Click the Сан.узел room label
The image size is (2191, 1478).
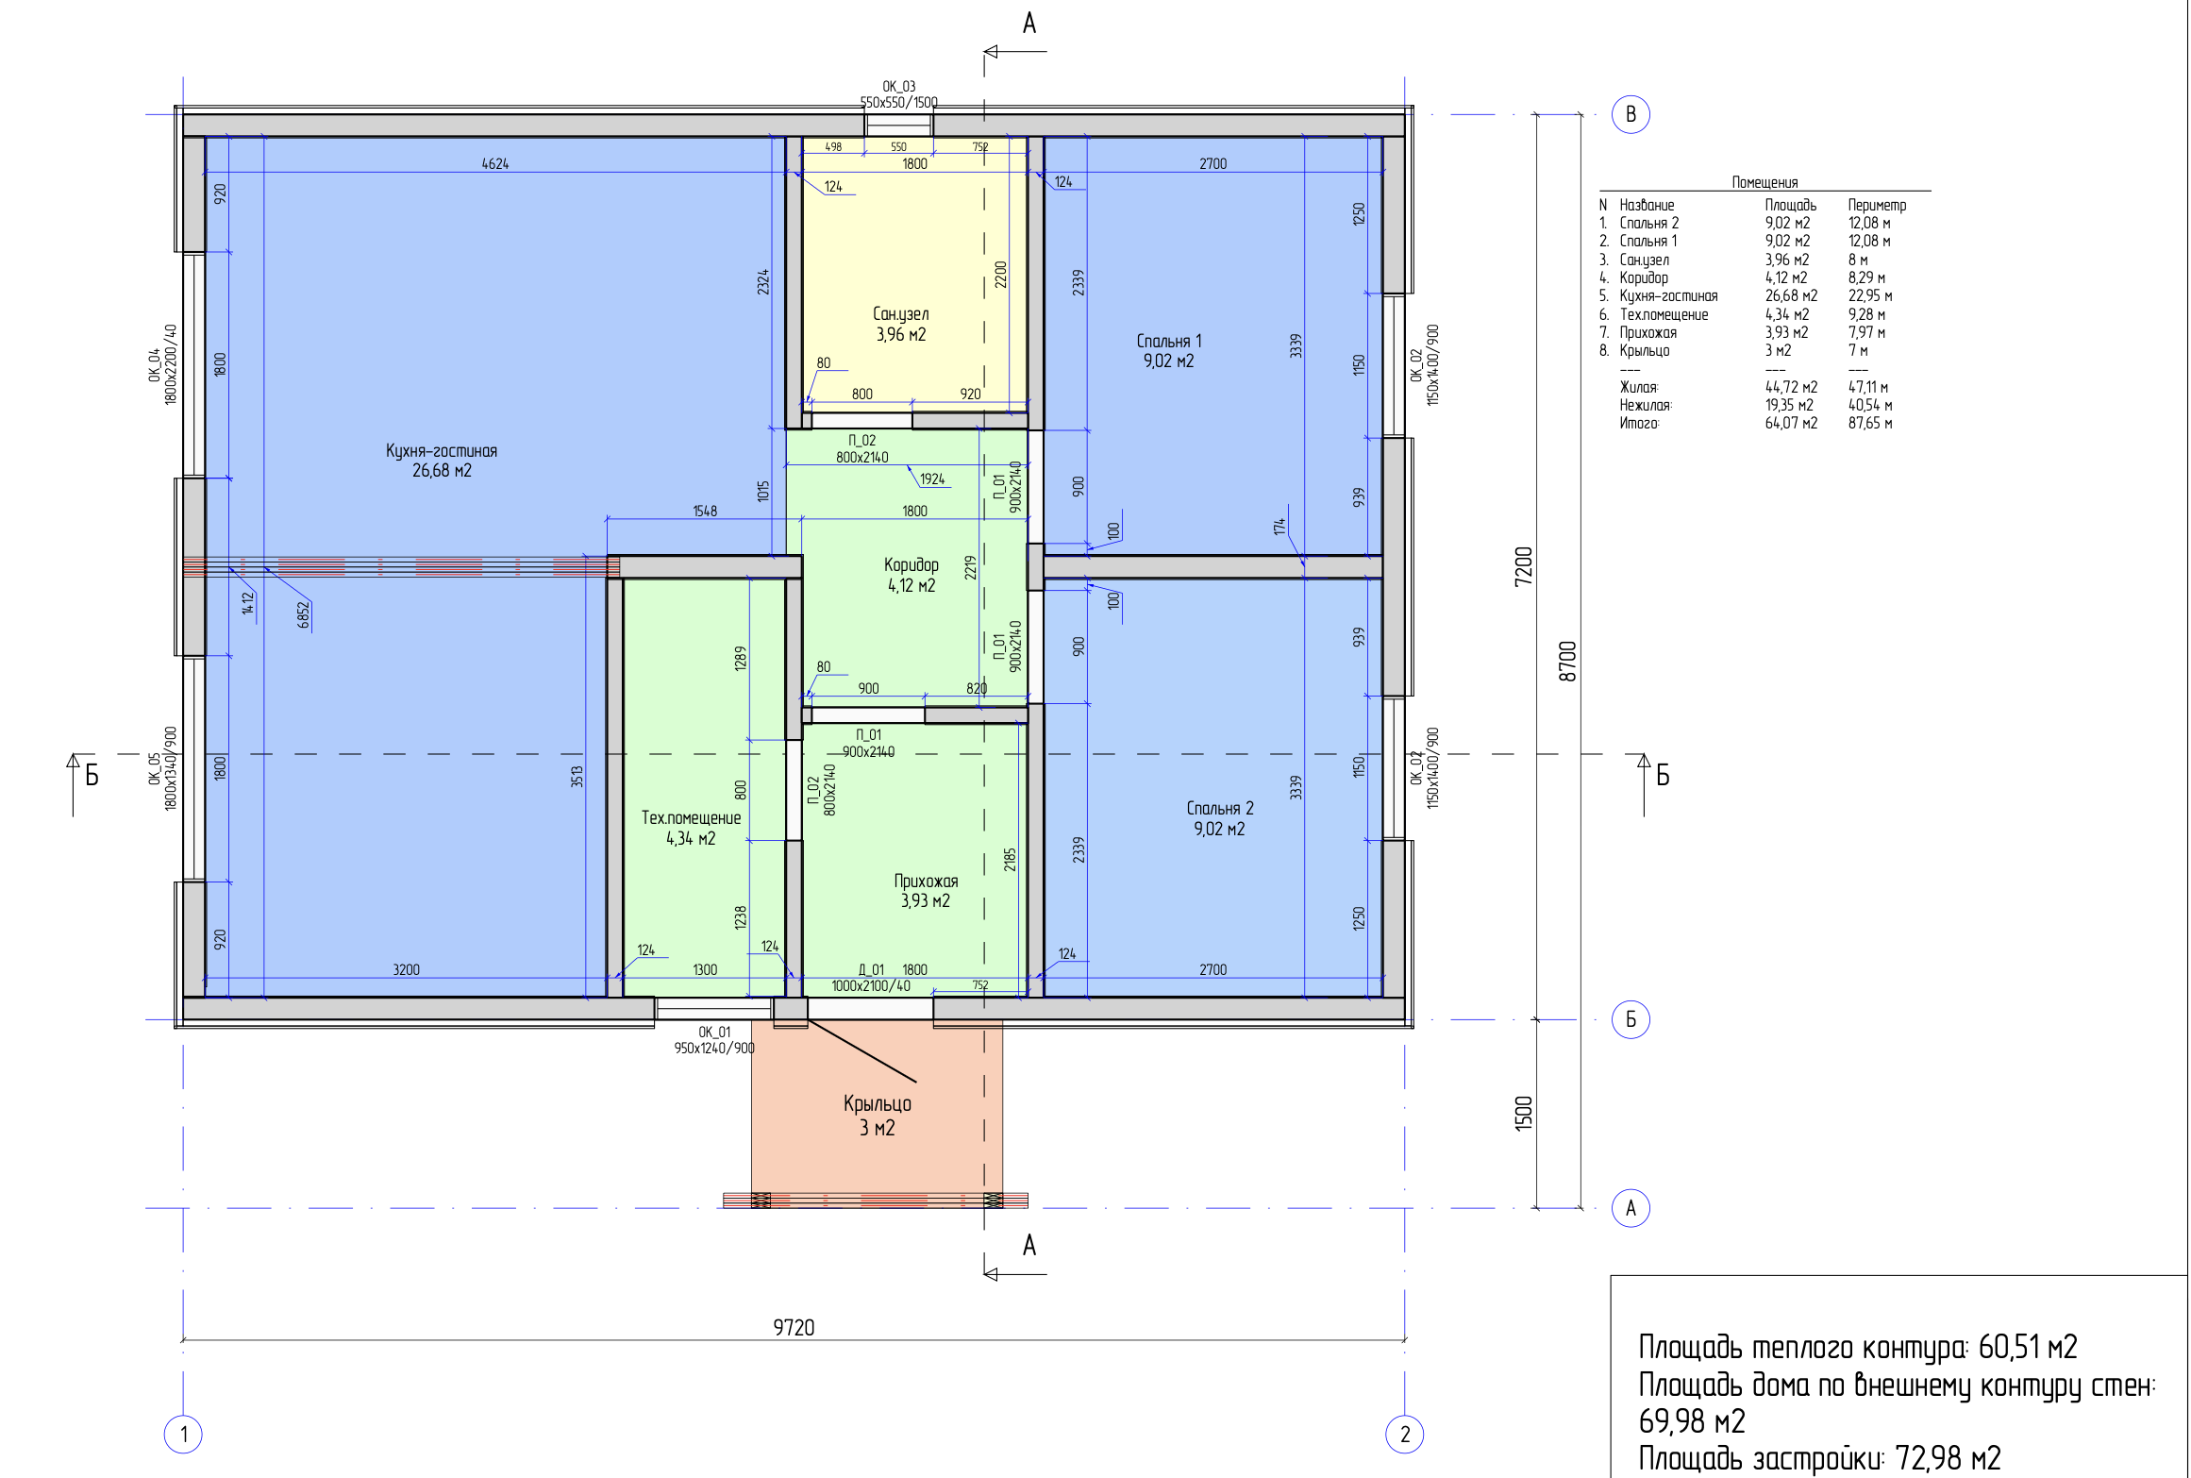tap(900, 313)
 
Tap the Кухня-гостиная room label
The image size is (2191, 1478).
tap(442, 450)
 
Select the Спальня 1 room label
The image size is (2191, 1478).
tap(1169, 341)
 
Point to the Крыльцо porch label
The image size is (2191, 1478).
tap(878, 1103)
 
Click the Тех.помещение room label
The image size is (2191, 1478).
tap(691, 817)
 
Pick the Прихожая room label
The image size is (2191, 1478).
tap(926, 881)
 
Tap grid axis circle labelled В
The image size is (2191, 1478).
tap(1631, 115)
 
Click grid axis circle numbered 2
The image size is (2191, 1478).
tap(1405, 1435)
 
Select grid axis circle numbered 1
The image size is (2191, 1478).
tap(183, 1435)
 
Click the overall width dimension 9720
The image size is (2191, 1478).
tap(794, 1327)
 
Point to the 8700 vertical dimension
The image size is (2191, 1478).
tap(1567, 661)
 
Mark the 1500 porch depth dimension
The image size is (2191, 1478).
tap(1524, 1114)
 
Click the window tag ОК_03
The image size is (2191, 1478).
tap(899, 86)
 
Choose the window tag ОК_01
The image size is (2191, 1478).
tap(714, 1032)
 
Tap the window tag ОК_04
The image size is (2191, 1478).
tap(154, 365)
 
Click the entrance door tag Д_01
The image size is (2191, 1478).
tap(871, 969)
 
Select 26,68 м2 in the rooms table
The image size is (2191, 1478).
tap(1791, 295)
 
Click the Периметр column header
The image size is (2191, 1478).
tap(1877, 205)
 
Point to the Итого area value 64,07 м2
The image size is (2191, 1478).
tap(1791, 423)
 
